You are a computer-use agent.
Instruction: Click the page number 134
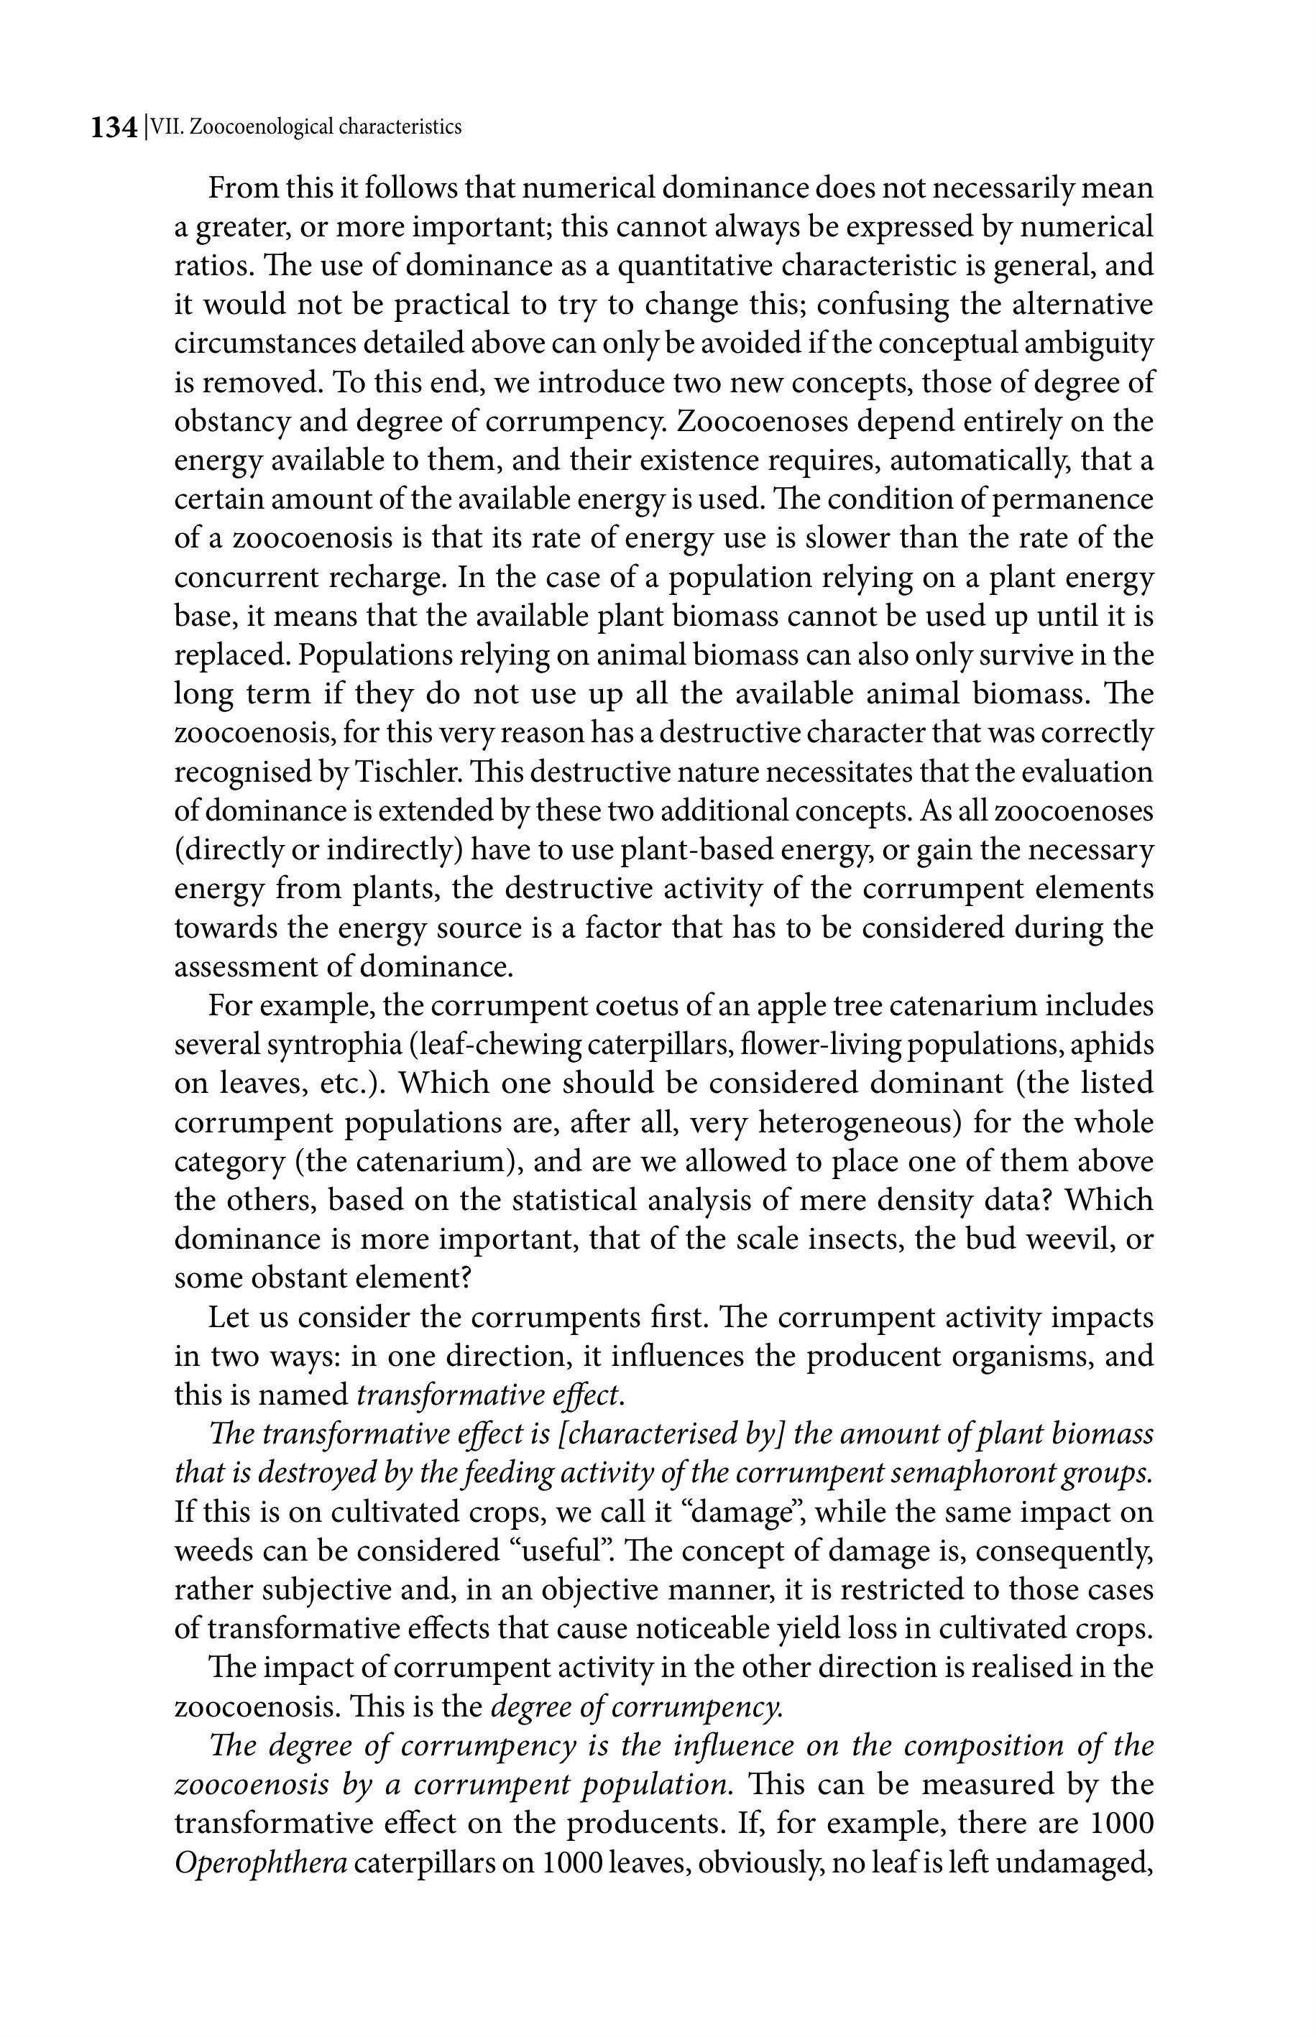click(114, 128)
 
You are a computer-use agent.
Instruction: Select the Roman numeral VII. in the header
click(167, 127)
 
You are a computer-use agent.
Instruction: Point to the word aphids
click(1109, 1045)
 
